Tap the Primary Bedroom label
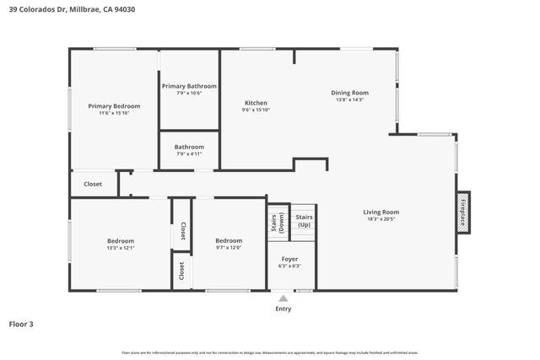click(114, 106)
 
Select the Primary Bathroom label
click(189, 86)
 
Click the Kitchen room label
click(256, 103)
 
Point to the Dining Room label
click(349, 92)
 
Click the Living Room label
click(381, 212)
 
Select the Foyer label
click(289, 259)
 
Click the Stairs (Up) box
click(304, 221)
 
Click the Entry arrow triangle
click(283, 298)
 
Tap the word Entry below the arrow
click(283, 309)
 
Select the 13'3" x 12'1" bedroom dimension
click(121, 248)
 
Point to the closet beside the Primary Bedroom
click(93, 184)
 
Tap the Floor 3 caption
click(21, 324)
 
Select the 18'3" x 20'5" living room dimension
click(381, 219)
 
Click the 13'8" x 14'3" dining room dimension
click(349, 99)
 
